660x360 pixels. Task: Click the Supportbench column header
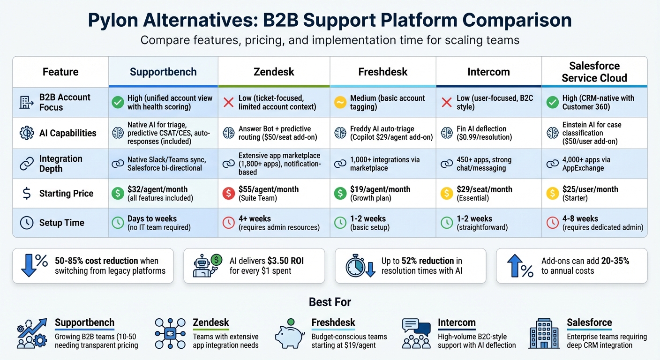tap(163, 72)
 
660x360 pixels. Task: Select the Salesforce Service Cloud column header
tap(594, 72)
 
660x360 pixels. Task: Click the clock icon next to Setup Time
tap(27, 223)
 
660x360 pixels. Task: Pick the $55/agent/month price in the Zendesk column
tap(269, 189)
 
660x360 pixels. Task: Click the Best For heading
tap(330, 302)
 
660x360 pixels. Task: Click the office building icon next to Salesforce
tap(544, 333)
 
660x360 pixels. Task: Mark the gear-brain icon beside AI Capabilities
tap(27, 133)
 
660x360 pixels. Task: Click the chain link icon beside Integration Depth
tap(26, 164)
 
